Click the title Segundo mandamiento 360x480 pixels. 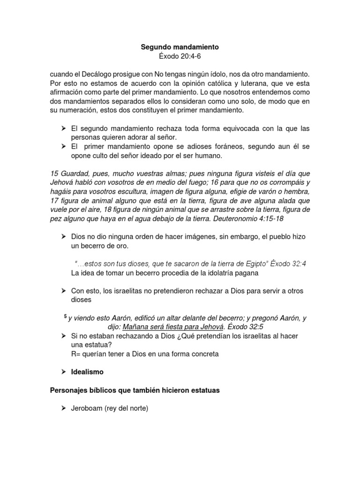(x=180, y=47)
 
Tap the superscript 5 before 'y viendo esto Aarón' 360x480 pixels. (x=65, y=317)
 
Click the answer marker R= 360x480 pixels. (x=76, y=354)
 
